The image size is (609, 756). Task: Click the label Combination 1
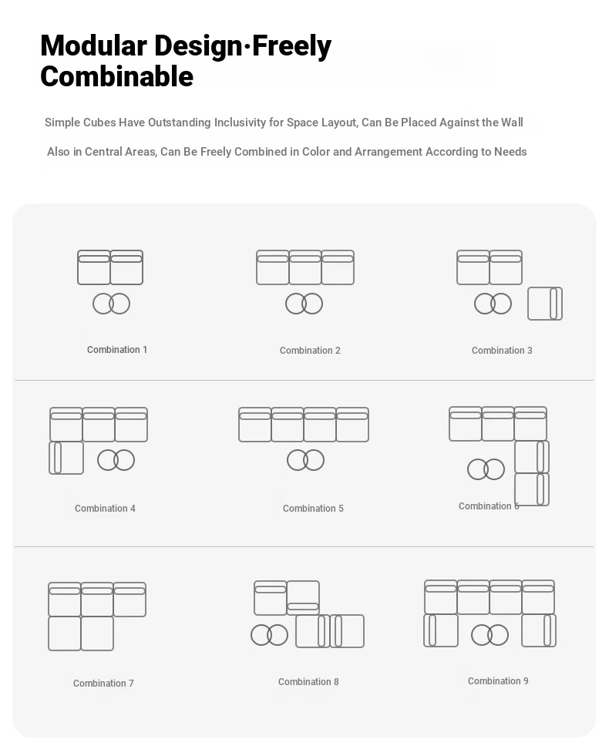117,350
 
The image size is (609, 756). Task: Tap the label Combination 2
310,351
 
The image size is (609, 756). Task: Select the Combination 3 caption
502,351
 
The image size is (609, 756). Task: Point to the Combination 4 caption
105,508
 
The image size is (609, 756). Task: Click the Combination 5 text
313,508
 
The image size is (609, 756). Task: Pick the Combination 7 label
103,684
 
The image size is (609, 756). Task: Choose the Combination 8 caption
308,682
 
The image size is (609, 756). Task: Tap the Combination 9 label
498,680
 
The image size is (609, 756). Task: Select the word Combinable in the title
116,76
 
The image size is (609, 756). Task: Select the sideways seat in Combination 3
545,304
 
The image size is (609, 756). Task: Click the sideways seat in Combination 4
66,458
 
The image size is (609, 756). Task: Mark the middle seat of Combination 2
305,267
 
